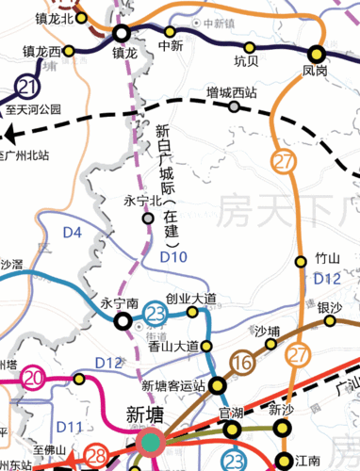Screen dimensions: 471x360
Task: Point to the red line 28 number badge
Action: [x=96, y=457]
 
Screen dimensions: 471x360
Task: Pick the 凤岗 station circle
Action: [x=316, y=54]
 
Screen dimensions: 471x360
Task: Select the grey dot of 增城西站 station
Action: [x=234, y=106]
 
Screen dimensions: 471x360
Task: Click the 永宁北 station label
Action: [x=143, y=202]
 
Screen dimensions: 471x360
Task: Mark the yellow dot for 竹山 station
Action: [x=302, y=261]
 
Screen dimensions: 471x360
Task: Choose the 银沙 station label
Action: [x=330, y=307]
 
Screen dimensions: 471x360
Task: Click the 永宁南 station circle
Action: [x=123, y=321]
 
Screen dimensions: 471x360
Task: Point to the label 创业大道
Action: [x=191, y=299]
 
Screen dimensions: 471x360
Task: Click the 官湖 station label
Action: [x=231, y=412]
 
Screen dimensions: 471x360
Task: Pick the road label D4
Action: [x=99, y=232]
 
